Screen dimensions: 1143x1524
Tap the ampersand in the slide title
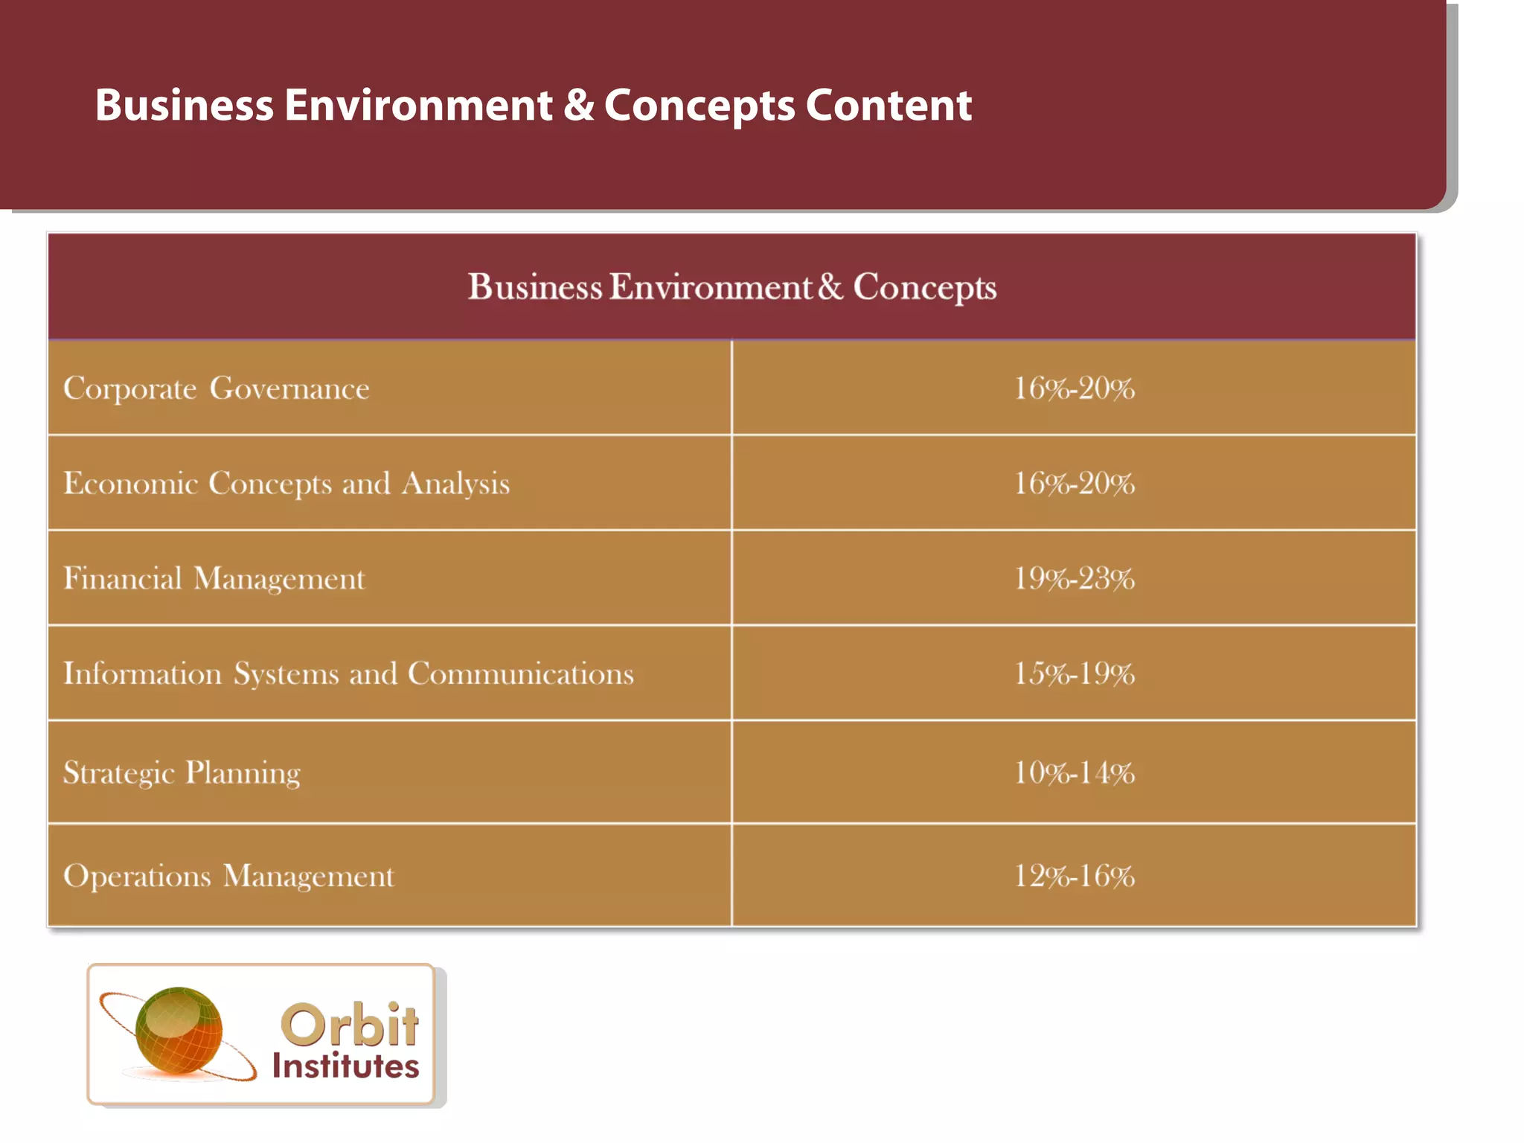578,105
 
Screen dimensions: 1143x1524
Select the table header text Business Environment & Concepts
731,287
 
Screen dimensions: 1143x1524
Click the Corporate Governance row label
216,388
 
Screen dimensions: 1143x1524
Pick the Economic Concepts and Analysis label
286,484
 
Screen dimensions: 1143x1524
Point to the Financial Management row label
214,579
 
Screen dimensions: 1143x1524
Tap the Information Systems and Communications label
348,674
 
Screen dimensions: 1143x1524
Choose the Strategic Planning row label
182,772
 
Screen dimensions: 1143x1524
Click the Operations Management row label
228,876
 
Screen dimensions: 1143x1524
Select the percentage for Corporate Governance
1074,388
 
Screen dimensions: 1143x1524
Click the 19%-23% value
1074,579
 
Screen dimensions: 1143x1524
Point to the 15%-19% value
1074,674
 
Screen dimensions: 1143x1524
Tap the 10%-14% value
1074,772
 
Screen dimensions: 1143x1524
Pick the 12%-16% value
1074,876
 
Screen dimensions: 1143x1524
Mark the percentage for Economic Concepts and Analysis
1074,484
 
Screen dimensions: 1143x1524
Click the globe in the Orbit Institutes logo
179,1031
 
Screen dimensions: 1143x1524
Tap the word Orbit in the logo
349,1025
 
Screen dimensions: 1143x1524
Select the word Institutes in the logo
345,1066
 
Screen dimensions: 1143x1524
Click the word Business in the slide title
184,105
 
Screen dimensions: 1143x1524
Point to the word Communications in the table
520,674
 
